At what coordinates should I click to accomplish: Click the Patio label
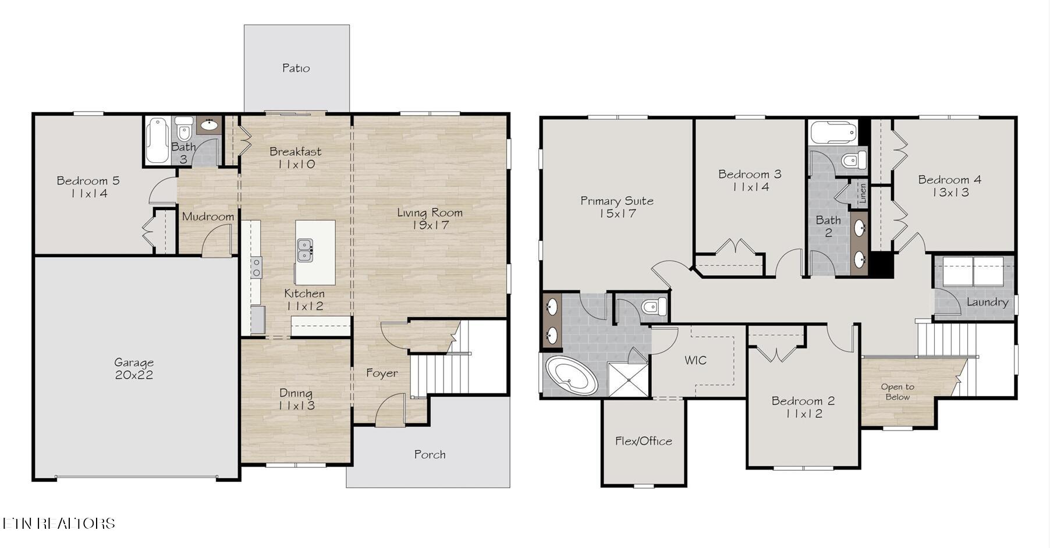pos(296,68)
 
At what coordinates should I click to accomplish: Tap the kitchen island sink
pos(304,250)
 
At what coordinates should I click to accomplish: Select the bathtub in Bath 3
pos(156,140)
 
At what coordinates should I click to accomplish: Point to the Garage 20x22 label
pos(134,369)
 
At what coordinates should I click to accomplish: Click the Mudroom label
pos(208,216)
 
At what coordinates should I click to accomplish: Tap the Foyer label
pos(382,373)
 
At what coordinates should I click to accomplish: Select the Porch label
pos(430,454)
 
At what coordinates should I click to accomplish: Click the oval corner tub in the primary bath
pos(571,376)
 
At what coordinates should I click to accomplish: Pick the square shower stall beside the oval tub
pos(627,379)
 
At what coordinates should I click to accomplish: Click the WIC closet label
pos(696,360)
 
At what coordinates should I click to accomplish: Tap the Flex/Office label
pos(643,441)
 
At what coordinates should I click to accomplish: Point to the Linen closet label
pos(863,193)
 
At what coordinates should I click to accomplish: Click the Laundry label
pos(987,302)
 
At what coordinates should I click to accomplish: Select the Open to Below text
pos(897,392)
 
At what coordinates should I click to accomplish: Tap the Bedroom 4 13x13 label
pos(950,186)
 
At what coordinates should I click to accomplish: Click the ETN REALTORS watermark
pos(58,523)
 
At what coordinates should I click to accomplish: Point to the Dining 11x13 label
pos(296,399)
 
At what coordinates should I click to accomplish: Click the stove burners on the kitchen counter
pos(256,268)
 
